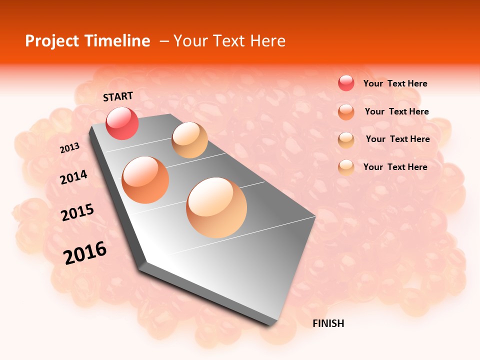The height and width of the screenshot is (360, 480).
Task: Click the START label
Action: pyautogui.click(x=118, y=96)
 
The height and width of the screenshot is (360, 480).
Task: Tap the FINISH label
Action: pyautogui.click(x=328, y=323)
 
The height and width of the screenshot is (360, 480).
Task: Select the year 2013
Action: pyautogui.click(x=70, y=148)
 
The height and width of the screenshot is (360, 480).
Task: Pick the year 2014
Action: pyautogui.click(x=74, y=177)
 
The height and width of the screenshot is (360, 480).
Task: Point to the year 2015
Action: pyautogui.click(x=77, y=212)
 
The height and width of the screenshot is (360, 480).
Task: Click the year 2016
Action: pyautogui.click(x=85, y=252)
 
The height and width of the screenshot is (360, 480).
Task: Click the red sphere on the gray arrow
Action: pyautogui.click(x=122, y=123)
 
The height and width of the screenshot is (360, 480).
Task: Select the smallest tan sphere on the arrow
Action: pyautogui.click(x=189, y=140)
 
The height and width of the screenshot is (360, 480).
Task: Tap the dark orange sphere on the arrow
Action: pyautogui.click(x=145, y=180)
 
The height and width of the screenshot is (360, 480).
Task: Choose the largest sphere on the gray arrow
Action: pyautogui.click(x=216, y=207)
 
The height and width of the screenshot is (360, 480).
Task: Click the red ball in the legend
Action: pyautogui.click(x=346, y=83)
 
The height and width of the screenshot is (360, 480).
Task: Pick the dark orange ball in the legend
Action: pyautogui.click(x=346, y=112)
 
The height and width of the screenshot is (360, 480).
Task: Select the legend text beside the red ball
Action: pyautogui.click(x=395, y=83)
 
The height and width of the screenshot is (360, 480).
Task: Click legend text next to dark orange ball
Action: pyautogui.click(x=396, y=111)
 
